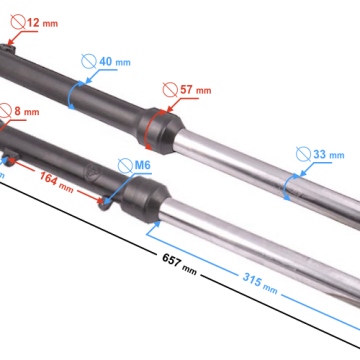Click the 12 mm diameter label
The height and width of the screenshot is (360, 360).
(x=42, y=23)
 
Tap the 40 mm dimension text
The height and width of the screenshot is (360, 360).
(x=115, y=62)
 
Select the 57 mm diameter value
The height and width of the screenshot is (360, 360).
(x=196, y=90)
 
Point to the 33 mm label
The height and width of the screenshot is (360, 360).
(x=329, y=154)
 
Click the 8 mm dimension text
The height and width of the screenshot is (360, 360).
(x=27, y=111)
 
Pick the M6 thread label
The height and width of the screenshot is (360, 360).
(x=143, y=166)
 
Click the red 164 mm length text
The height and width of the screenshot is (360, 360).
(x=56, y=181)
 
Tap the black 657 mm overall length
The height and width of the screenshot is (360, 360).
(x=179, y=264)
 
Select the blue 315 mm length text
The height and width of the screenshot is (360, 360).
(x=260, y=283)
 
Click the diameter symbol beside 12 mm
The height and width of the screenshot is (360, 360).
(x=18, y=22)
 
